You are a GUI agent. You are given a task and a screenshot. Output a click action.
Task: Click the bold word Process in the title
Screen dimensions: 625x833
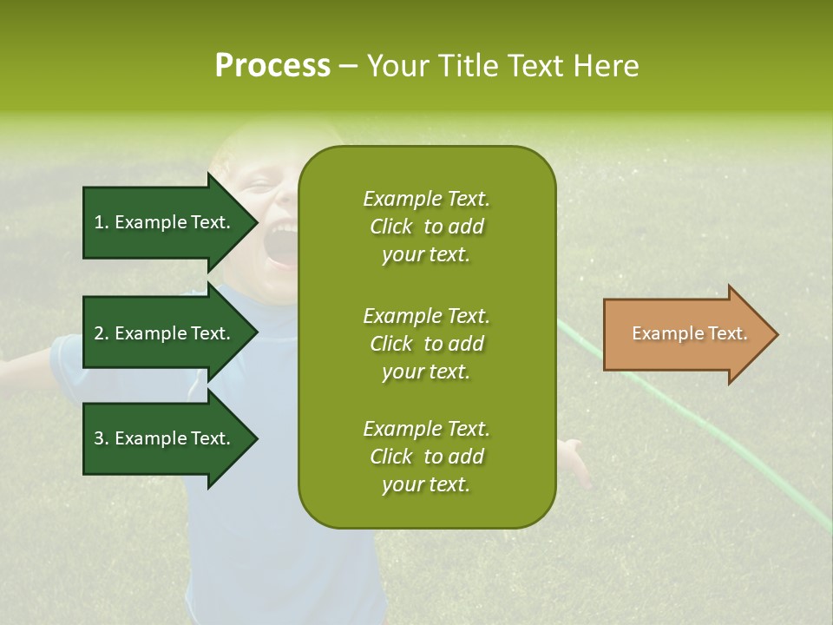(272, 66)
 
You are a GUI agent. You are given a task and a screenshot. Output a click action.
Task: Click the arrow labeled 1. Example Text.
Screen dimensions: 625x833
(165, 222)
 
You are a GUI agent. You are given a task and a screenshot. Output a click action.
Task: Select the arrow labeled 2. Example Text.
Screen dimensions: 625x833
(165, 333)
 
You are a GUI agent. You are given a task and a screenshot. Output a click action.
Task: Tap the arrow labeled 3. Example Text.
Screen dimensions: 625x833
(165, 438)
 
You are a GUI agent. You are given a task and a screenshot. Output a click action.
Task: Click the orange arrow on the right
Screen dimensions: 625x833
(685, 334)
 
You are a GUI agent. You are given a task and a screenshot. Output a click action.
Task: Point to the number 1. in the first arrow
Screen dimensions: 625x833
(102, 222)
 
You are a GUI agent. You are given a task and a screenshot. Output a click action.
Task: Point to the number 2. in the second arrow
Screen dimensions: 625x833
(102, 333)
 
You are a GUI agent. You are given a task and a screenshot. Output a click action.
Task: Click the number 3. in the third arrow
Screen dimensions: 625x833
(102, 438)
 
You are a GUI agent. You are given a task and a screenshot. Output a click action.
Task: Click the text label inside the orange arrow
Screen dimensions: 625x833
(690, 333)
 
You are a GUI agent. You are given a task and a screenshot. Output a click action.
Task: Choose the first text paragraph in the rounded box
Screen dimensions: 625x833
(426, 227)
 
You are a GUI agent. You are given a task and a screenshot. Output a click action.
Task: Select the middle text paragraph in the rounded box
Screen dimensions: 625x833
(426, 344)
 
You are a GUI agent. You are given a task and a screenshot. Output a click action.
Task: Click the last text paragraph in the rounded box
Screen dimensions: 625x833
(426, 457)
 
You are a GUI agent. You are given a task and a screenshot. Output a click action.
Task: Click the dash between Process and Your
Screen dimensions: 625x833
(349, 66)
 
